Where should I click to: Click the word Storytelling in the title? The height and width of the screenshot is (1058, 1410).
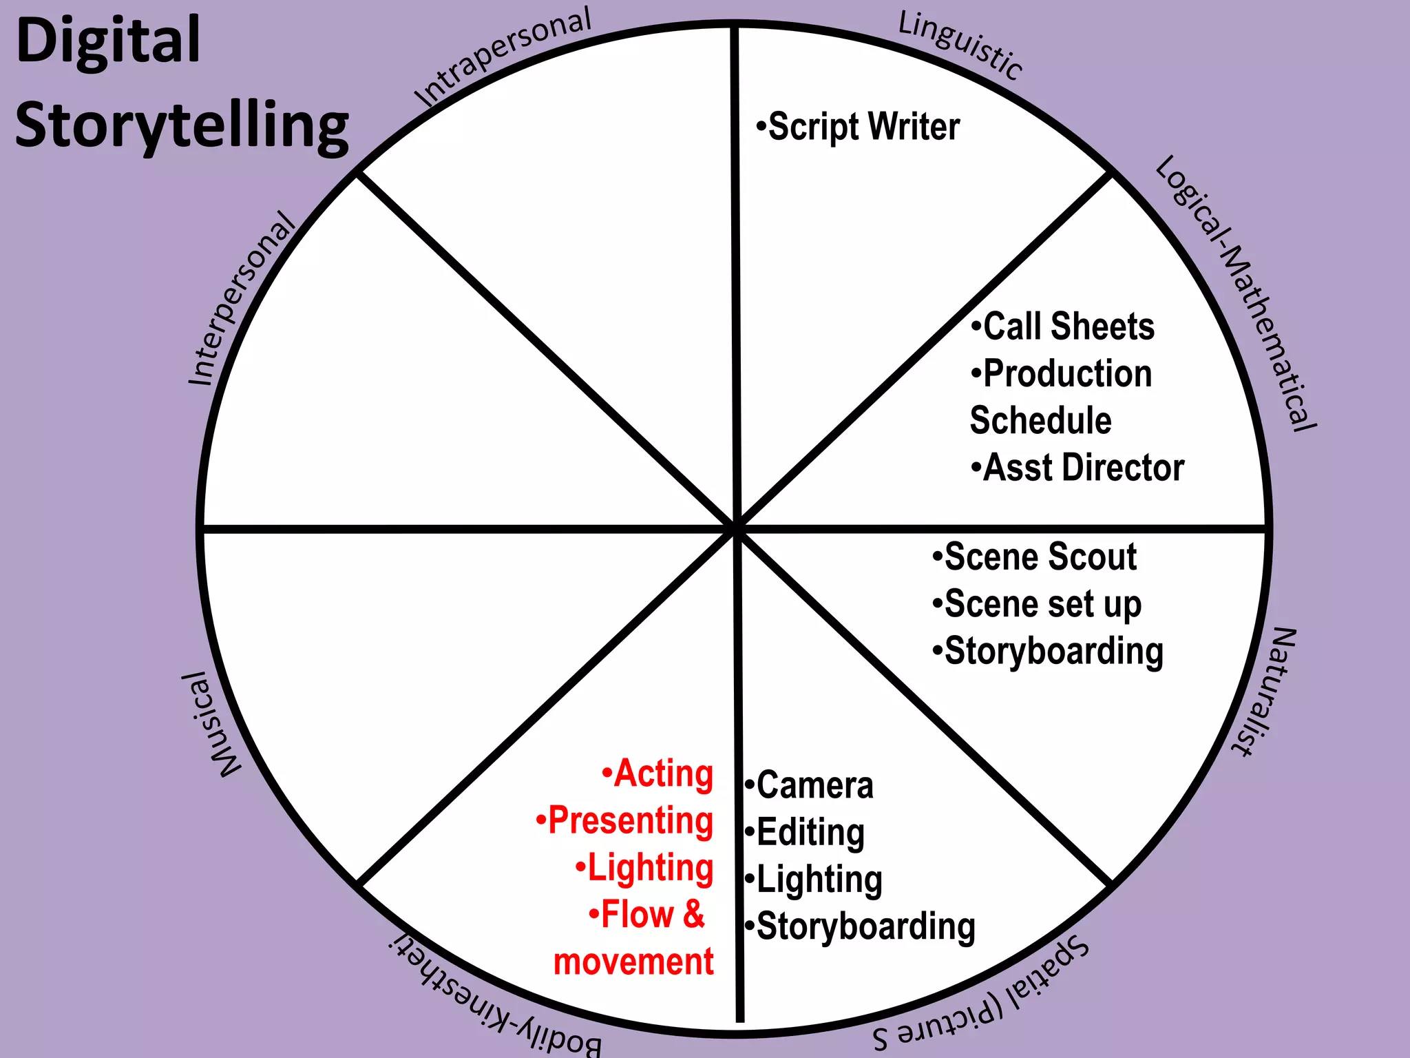[x=182, y=126]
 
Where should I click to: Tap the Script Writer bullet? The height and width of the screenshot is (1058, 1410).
[x=859, y=127]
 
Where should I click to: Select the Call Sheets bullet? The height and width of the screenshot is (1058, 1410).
[x=1063, y=326]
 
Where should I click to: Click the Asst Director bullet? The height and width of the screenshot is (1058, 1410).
[x=1078, y=468]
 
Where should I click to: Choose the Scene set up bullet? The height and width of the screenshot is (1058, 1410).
[x=1038, y=605]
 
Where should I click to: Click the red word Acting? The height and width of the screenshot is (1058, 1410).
[x=658, y=774]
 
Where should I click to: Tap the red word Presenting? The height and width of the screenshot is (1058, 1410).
[x=625, y=821]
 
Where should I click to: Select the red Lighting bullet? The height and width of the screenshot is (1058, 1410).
[x=645, y=868]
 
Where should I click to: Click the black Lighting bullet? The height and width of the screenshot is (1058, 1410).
[x=814, y=880]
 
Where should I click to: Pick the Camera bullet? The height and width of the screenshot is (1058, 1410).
[x=810, y=786]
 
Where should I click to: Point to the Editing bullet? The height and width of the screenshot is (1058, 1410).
[x=806, y=833]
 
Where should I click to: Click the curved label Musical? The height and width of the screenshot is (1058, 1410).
[x=219, y=725]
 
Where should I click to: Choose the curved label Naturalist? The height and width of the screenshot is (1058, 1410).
[x=1265, y=692]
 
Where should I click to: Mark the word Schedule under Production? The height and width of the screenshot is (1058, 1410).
[x=1040, y=421]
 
